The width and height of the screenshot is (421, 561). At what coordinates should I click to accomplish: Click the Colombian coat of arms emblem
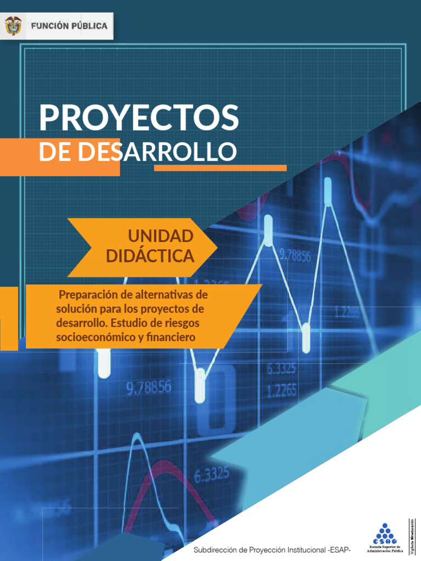click(x=13, y=26)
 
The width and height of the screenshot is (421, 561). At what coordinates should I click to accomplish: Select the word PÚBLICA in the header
click(x=88, y=26)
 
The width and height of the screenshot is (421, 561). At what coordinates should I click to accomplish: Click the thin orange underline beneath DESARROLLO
click(x=220, y=168)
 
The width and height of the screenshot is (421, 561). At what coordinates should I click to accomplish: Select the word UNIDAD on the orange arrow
click(x=160, y=236)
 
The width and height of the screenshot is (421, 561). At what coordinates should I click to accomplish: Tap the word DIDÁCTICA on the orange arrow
click(x=150, y=255)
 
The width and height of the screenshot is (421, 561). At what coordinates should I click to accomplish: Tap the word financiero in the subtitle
click(x=170, y=337)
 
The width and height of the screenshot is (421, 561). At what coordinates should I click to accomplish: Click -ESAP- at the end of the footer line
click(x=340, y=549)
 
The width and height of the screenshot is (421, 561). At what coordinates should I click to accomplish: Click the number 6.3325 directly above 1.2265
click(x=282, y=369)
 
